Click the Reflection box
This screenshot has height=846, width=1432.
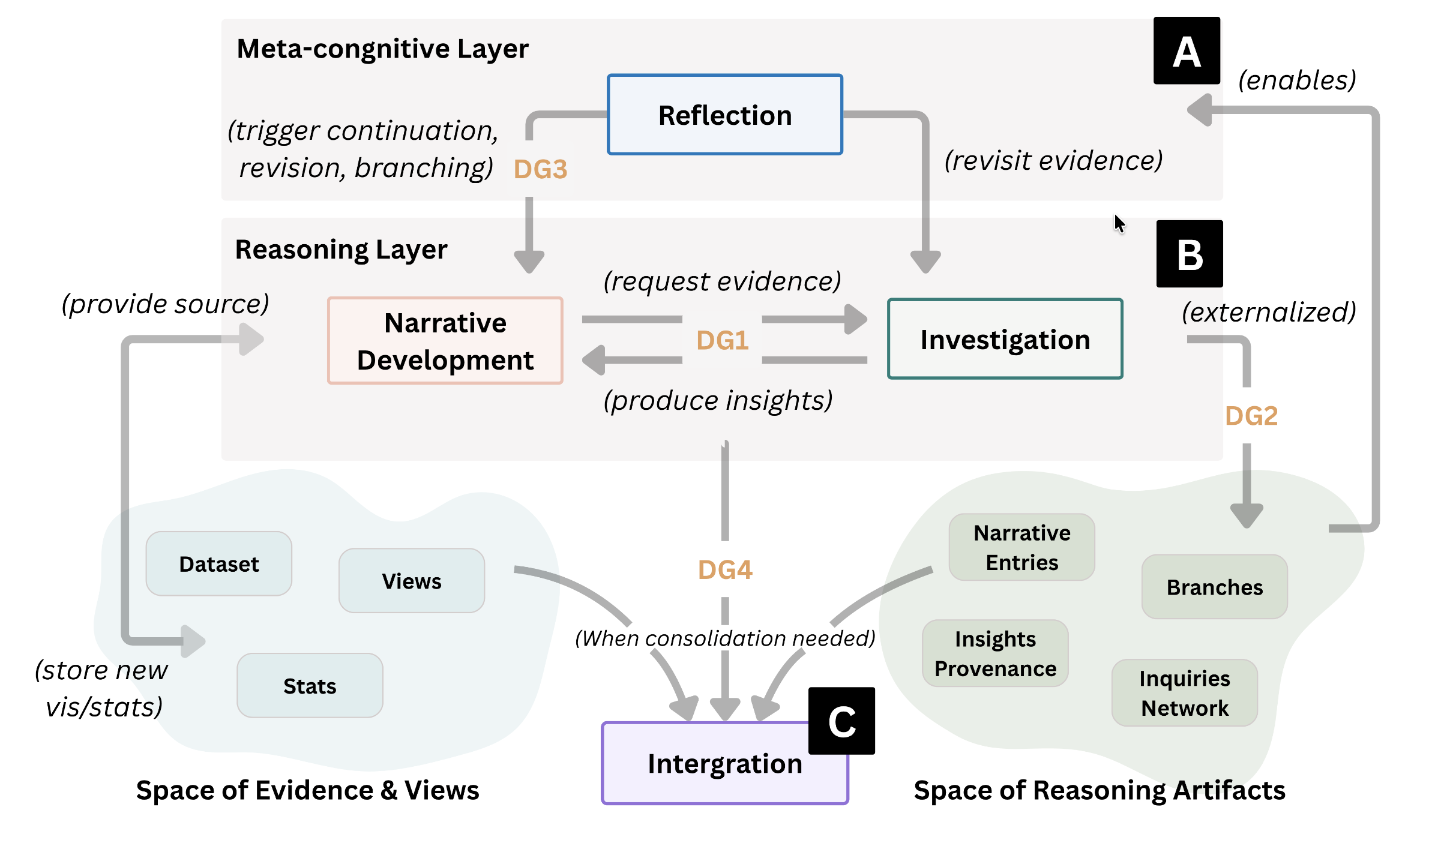pyautogui.click(x=725, y=115)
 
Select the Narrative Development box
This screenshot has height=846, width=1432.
pyautogui.click(x=445, y=341)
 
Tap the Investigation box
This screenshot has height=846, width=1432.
pyautogui.click(x=1005, y=339)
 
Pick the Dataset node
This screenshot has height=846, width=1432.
pyautogui.click(x=218, y=564)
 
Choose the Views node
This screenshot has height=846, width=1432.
pyautogui.click(x=412, y=581)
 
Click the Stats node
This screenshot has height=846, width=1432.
pyautogui.click(x=310, y=686)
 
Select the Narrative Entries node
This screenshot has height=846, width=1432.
pyautogui.click(x=1021, y=547)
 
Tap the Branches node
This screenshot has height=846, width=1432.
pyautogui.click(x=1214, y=587)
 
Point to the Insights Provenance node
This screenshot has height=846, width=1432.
pyautogui.click(x=995, y=653)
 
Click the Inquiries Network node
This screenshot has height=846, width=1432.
pyautogui.click(x=1184, y=693)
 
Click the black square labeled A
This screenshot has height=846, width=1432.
pyautogui.click(x=1187, y=51)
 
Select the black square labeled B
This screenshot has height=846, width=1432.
pyautogui.click(x=1190, y=254)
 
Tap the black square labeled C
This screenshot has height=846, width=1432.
pyautogui.click(x=841, y=721)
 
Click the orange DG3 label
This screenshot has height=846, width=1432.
pyautogui.click(x=540, y=169)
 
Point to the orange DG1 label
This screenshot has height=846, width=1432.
pyautogui.click(x=723, y=340)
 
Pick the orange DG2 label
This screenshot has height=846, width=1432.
pyautogui.click(x=1251, y=416)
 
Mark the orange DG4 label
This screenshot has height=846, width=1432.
pyautogui.click(x=725, y=569)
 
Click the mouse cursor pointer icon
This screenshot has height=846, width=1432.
pyautogui.click(x=1119, y=224)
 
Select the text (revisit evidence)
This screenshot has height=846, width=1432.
pyautogui.click(x=1053, y=161)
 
